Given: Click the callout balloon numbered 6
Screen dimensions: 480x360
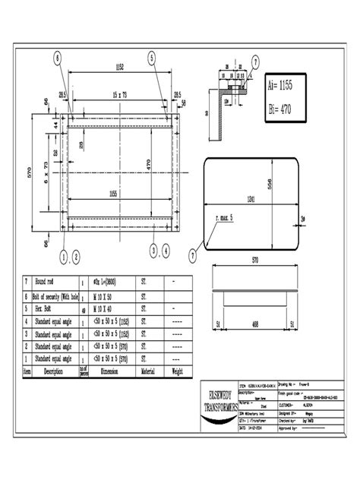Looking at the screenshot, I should coord(58,58).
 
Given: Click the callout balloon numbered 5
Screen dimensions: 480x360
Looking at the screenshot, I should coord(152,58).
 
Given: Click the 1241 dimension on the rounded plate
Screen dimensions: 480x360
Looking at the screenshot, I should coord(251,200).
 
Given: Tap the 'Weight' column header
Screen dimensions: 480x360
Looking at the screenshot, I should coord(178,371).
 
